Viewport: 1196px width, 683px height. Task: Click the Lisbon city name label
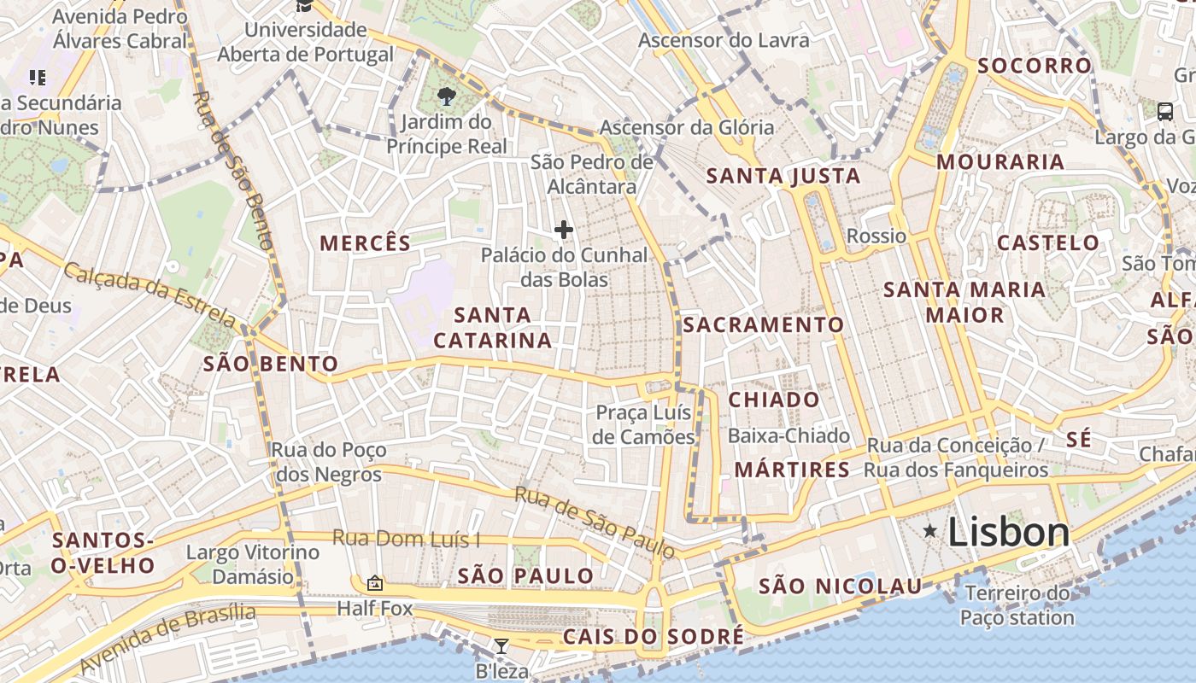tap(1008, 532)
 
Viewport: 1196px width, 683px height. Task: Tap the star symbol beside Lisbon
tap(930, 531)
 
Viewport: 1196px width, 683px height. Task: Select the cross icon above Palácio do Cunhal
tap(563, 229)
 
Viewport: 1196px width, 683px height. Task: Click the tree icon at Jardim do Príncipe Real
tap(445, 96)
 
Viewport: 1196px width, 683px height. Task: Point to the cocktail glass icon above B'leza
tap(501, 646)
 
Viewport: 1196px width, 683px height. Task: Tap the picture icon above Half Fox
tap(374, 583)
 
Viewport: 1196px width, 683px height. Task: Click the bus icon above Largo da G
tap(1164, 111)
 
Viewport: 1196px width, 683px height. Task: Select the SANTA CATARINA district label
tap(493, 328)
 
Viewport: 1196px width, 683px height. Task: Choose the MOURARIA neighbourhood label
tap(1000, 162)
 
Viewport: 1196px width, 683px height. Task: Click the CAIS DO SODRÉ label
tap(653, 637)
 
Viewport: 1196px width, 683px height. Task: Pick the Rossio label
tap(876, 236)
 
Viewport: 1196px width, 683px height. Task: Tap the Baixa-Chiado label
tap(789, 436)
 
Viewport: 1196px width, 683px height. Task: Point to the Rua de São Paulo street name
tap(595, 522)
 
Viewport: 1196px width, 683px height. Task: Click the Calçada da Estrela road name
tap(149, 295)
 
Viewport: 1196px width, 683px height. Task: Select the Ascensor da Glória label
tap(687, 128)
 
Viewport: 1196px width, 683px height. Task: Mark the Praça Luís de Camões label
tap(644, 425)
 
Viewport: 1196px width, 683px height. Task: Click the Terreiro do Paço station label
tap(1017, 605)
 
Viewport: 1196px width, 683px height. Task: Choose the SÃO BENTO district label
tap(271, 365)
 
